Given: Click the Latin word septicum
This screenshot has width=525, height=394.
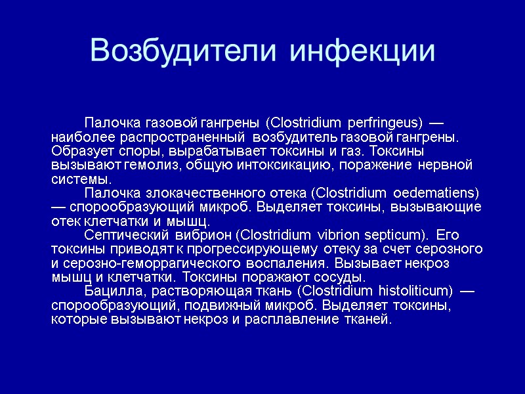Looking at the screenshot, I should (x=399, y=235).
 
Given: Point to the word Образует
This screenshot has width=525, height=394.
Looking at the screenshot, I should (x=77, y=151).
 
